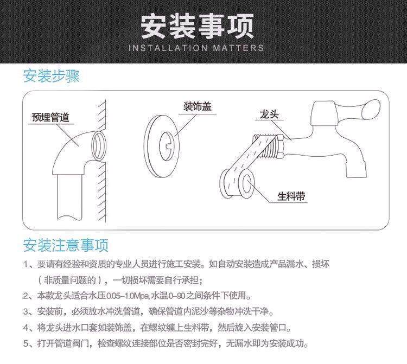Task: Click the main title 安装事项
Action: click(198, 26)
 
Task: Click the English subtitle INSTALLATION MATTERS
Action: click(196, 48)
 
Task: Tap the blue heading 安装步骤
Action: click(52, 76)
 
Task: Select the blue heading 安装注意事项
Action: click(66, 245)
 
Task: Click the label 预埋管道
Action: click(50, 117)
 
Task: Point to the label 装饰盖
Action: click(198, 106)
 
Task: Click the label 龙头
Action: click(269, 114)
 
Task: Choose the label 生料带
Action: click(291, 196)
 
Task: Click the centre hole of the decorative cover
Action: click(168, 146)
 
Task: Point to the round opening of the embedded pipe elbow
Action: click(99, 145)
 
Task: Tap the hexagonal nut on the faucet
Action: click(281, 146)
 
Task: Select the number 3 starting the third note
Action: click(26, 311)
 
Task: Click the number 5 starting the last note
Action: click(26, 344)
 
